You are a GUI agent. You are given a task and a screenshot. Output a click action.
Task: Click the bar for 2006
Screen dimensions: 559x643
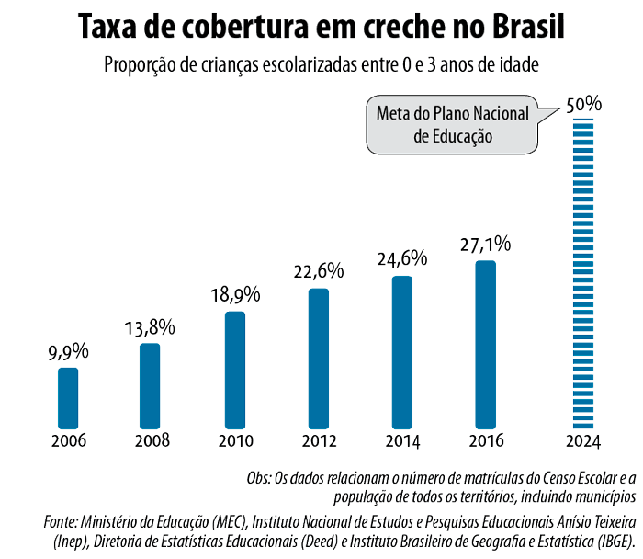[68, 398]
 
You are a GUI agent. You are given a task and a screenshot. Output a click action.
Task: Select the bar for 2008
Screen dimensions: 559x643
[151, 386]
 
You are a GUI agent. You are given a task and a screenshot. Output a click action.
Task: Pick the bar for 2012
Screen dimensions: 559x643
[319, 359]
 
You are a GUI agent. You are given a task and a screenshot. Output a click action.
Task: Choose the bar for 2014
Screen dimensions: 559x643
[402, 352]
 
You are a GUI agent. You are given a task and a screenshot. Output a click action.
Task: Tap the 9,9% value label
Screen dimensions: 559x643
[68, 351]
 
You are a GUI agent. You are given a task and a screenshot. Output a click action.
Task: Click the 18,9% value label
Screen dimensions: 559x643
[235, 295]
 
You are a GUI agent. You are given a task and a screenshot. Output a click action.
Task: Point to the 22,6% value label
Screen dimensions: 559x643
[319, 271]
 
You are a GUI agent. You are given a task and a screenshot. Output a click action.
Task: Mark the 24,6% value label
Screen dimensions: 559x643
[402, 259]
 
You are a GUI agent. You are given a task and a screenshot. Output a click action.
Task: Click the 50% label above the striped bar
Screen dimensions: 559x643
[584, 104]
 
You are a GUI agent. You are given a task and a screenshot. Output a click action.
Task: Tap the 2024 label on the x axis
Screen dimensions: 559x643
[583, 441]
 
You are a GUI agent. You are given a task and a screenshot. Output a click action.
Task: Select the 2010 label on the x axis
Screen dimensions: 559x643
[235, 440]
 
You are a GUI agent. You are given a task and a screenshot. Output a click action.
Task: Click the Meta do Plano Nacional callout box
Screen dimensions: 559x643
[452, 125]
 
